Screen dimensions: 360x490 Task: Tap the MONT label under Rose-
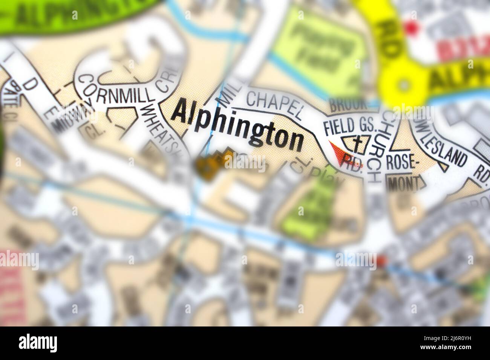(405, 185)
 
